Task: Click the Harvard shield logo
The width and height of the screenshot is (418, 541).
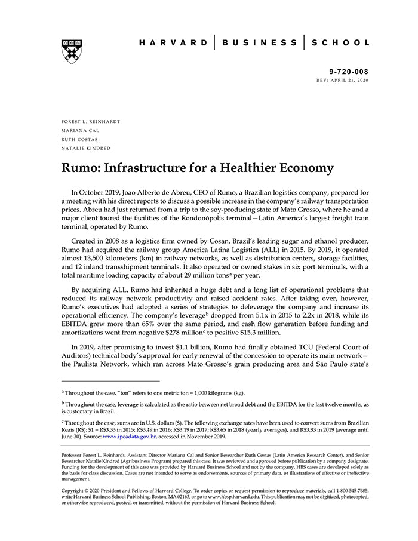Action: (x=72, y=51)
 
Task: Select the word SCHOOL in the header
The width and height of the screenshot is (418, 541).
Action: (x=341, y=43)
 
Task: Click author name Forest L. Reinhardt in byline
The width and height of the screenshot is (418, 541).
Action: (x=91, y=121)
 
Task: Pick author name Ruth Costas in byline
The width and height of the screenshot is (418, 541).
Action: (x=80, y=139)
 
